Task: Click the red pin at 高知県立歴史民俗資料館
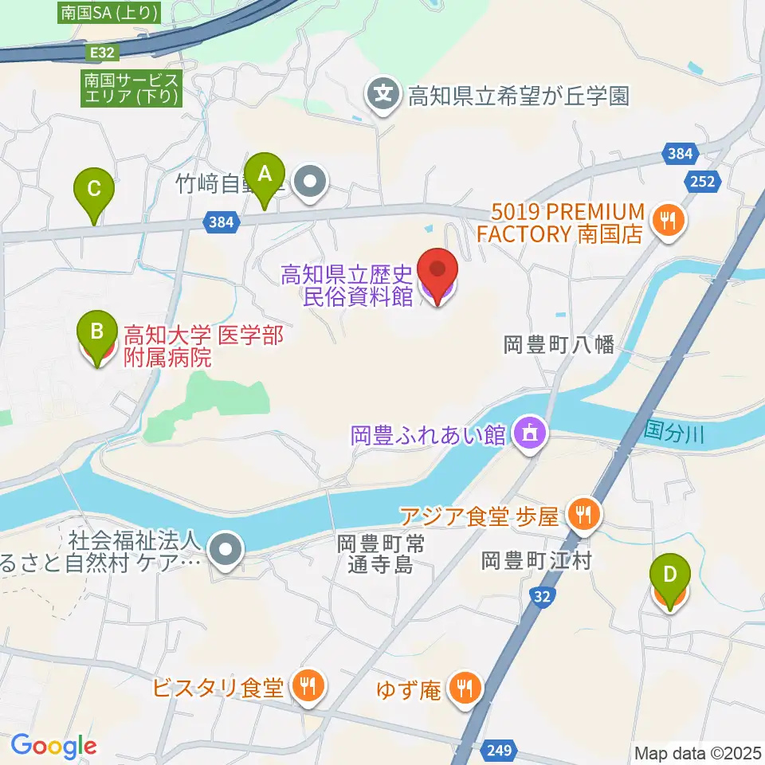pyautogui.click(x=439, y=275)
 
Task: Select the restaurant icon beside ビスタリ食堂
pyautogui.click(x=305, y=686)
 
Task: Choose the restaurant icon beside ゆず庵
pyautogui.click(x=463, y=686)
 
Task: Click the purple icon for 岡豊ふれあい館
pyautogui.click(x=528, y=434)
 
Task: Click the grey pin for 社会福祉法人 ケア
pyautogui.click(x=226, y=549)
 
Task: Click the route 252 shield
pyautogui.click(x=703, y=181)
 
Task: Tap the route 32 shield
pyautogui.click(x=542, y=595)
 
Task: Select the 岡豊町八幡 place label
pyautogui.click(x=559, y=344)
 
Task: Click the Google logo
pyautogui.click(x=53, y=746)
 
